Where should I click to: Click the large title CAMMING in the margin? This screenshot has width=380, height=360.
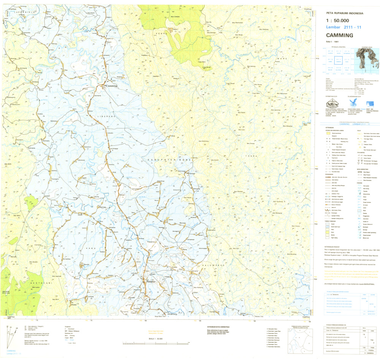point(339,36)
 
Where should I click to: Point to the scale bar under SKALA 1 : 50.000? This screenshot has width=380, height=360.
point(156,343)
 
